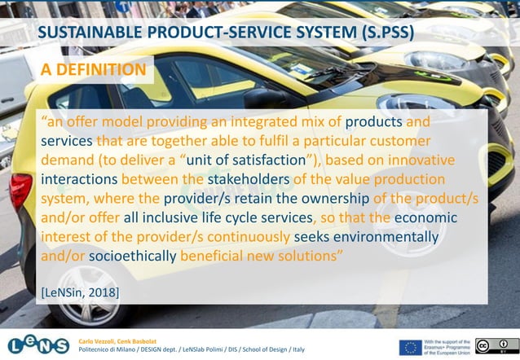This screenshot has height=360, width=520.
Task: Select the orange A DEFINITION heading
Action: pos(94,71)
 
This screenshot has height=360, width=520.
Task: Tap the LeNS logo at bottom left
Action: pos(38,342)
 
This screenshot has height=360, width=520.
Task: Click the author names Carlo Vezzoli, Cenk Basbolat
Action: pos(118,337)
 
